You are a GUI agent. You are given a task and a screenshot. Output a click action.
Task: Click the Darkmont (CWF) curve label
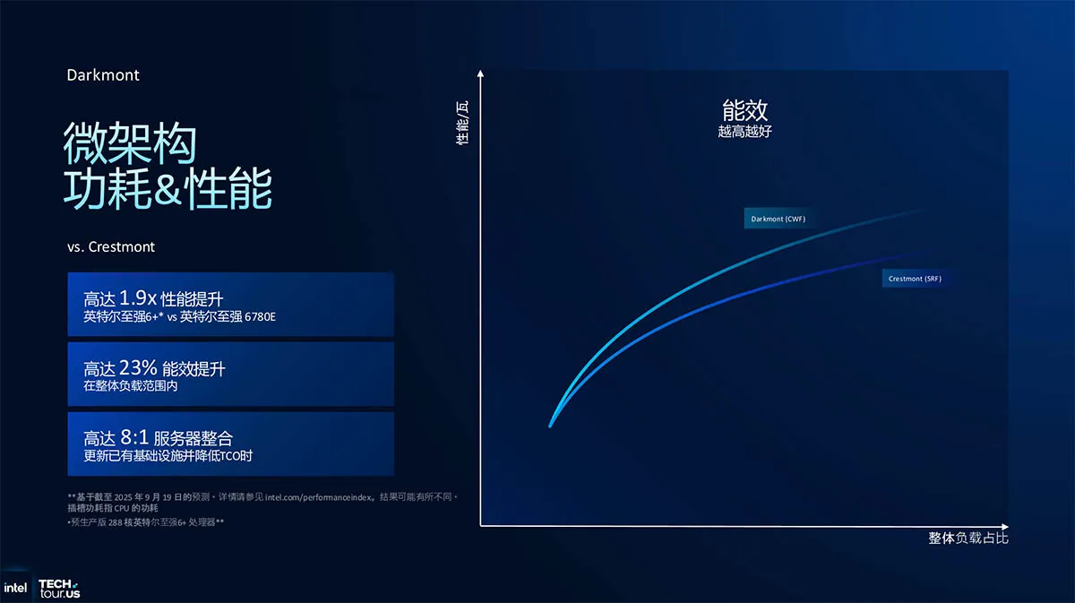click(778, 219)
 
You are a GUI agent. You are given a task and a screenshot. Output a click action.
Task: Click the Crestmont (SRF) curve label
click(915, 279)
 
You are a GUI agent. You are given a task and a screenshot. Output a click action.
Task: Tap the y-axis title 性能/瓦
click(461, 123)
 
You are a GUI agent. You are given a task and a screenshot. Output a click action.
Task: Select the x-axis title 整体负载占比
click(968, 538)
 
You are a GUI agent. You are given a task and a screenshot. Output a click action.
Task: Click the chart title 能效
click(744, 110)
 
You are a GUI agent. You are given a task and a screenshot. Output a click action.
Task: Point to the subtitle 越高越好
click(744, 131)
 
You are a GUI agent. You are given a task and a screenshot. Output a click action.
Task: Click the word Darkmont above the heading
click(103, 75)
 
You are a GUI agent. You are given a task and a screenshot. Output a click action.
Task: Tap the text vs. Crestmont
click(111, 246)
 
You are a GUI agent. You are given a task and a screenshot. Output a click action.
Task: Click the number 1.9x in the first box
click(138, 297)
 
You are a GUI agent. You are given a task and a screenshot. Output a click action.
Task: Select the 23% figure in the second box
click(138, 367)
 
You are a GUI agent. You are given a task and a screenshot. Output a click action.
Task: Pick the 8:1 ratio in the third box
click(134, 437)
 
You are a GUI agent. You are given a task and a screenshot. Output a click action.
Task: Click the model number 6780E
click(260, 317)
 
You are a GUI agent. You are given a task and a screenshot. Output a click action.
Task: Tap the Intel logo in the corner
click(15, 588)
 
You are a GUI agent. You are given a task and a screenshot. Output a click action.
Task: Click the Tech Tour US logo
click(59, 589)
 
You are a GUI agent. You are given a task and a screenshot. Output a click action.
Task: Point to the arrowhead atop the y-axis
click(480, 73)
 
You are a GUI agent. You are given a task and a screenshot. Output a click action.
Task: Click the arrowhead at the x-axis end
click(1005, 527)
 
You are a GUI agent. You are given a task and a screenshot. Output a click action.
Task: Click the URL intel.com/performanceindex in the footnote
click(319, 497)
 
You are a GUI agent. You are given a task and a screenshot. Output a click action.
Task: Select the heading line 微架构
click(130, 143)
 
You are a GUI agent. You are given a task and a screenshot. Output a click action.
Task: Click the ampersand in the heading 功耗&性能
click(168, 189)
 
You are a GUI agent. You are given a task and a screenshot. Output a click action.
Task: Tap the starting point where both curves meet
click(550, 426)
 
